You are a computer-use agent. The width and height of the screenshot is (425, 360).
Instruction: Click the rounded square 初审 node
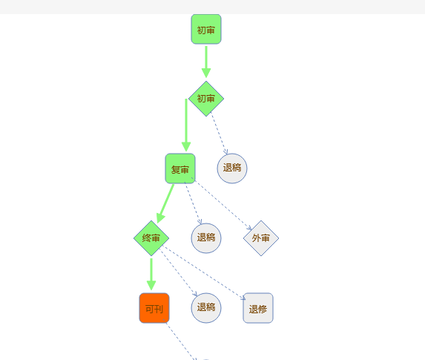click(206, 29)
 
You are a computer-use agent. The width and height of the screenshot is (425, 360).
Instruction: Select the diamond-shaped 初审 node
click(206, 99)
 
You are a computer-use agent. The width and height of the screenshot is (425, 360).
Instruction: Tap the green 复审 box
click(180, 168)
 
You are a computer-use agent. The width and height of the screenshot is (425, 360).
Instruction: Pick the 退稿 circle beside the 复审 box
click(232, 168)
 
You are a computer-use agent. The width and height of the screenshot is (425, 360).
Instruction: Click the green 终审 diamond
click(151, 238)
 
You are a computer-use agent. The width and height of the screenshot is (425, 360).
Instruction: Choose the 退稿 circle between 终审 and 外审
click(206, 238)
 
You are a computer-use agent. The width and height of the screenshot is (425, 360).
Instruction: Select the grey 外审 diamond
click(261, 238)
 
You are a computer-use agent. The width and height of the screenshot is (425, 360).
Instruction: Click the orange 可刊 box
click(154, 308)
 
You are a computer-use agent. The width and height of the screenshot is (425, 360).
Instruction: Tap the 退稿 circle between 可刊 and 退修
click(206, 308)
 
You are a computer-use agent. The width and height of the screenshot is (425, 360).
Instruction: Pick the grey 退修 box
click(258, 308)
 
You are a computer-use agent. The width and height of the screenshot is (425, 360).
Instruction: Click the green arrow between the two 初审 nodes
click(206, 62)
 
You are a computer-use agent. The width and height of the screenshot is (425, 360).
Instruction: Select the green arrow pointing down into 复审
click(186, 125)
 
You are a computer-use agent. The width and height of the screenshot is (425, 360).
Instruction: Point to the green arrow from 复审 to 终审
click(165, 203)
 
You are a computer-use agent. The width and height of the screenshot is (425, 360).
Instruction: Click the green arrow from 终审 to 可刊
click(151, 275)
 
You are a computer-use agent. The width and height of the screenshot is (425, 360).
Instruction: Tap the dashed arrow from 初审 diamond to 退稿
click(219, 133)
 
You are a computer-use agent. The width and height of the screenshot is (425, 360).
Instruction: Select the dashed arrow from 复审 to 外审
click(222, 203)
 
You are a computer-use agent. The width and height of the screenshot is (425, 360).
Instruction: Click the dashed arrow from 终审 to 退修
click(204, 272)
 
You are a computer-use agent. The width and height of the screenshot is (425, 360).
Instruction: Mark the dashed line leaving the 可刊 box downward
click(179, 340)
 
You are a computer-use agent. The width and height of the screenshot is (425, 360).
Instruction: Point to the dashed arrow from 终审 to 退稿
click(178, 272)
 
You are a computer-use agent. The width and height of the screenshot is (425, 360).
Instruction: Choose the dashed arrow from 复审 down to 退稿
click(194, 203)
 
